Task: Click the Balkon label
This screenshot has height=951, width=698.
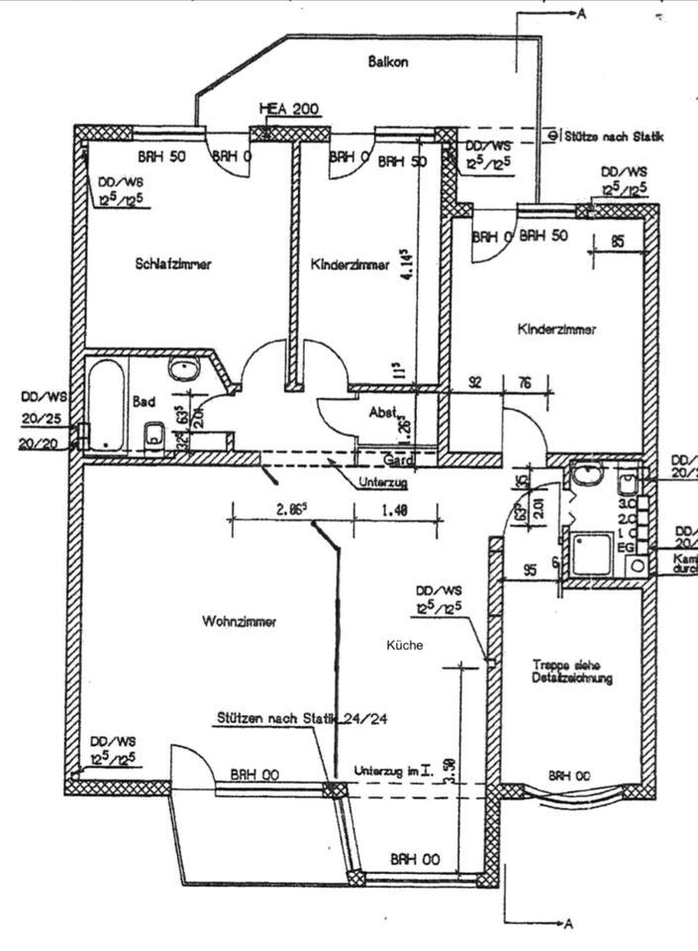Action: coord(388,61)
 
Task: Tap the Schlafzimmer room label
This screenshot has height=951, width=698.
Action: coord(173,264)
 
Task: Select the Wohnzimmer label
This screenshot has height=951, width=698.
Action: coord(239,622)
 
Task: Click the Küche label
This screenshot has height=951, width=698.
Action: coord(405,645)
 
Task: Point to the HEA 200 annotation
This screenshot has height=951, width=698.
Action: coord(288,109)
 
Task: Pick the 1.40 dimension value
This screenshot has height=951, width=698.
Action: coord(394,511)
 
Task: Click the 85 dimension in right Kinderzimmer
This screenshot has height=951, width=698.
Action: coord(618,240)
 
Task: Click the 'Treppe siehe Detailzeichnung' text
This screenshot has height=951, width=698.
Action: coord(571,672)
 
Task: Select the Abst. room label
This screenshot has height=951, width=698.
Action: coord(383,413)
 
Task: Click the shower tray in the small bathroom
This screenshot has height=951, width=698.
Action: coord(591,553)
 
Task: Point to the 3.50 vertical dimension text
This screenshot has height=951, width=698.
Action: coord(450,771)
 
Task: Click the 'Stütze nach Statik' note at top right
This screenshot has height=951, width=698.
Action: coord(613,136)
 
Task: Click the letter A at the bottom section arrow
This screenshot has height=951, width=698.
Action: coord(568,924)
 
